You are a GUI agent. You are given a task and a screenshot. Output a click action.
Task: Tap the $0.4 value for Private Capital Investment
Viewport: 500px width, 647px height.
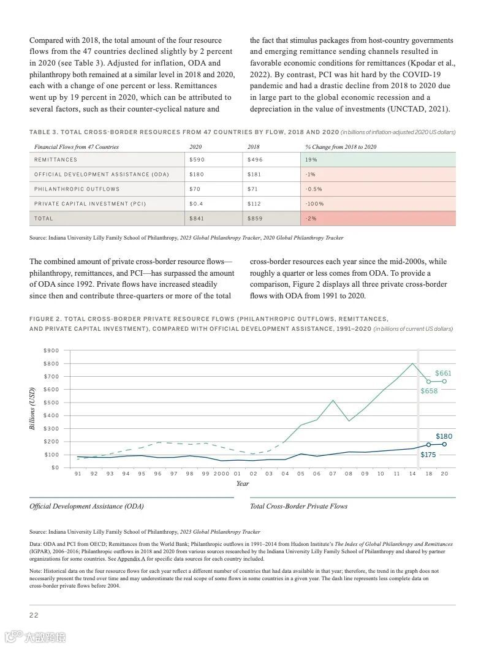[197, 204]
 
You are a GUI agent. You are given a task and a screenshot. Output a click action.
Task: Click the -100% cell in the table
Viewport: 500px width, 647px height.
[314, 204]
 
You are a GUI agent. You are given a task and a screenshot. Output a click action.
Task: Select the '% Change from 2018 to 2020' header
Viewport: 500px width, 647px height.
[341, 147]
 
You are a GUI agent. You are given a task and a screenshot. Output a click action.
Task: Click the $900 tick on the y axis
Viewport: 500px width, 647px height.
[51, 350]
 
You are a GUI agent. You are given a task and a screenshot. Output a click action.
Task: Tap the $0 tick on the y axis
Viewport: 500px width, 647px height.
[55, 467]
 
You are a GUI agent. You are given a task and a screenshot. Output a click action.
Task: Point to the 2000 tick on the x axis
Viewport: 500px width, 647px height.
[221, 474]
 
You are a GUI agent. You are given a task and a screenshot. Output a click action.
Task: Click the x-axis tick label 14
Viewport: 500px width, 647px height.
[412, 474]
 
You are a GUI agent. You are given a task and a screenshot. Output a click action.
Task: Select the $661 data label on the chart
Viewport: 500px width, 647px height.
[443, 373]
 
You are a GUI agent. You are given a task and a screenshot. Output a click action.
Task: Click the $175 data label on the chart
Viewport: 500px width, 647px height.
[428, 455]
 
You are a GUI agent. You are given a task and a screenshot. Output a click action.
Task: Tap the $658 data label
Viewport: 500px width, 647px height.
[429, 391]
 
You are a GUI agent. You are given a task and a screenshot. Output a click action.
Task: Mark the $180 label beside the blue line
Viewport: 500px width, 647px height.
[444, 436]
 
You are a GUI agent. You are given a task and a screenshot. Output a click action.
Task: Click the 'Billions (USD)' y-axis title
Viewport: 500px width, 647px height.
[33, 408]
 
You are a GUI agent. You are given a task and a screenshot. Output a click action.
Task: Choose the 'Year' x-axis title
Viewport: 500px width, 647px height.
[243, 483]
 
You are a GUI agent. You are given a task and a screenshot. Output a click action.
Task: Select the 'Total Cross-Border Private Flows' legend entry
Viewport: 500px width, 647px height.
[298, 506]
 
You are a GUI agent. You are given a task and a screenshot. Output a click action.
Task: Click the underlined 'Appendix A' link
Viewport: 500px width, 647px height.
[131, 559]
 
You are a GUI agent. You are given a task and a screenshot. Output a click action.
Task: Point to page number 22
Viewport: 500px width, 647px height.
[34, 615]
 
